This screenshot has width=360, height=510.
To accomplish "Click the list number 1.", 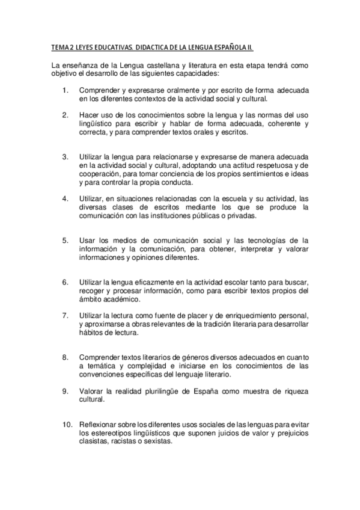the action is click(65, 90).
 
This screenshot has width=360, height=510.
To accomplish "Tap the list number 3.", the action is click(65, 157).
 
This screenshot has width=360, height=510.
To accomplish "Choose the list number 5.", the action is click(65, 241).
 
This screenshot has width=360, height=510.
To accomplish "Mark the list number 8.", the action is click(65, 357).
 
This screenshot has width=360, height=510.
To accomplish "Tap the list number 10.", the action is click(67, 424).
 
